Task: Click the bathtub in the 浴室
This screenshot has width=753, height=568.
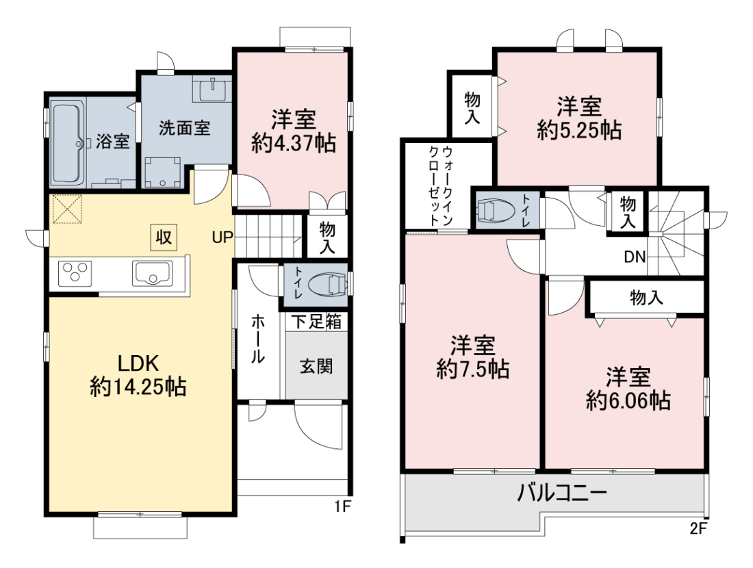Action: [x=66, y=142]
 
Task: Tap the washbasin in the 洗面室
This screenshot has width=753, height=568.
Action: [x=212, y=88]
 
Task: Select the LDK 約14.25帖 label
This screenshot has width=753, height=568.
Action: [x=138, y=375]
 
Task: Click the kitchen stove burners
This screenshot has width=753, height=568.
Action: [x=75, y=274]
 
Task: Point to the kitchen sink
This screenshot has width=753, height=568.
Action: [x=153, y=274]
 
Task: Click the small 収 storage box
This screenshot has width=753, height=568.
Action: [x=164, y=237]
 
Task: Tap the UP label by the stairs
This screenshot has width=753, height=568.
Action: [x=222, y=237]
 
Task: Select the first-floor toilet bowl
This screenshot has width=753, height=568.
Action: [x=326, y=285]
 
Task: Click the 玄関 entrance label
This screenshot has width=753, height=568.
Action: [x=316, y=367]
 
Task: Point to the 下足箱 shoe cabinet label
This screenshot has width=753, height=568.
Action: [x=316, y=322]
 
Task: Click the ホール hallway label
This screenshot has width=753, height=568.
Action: [x=258, y=339]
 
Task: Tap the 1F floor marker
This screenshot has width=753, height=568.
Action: [x=343, y=506]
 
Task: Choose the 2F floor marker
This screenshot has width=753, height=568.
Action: [x=699, y=528]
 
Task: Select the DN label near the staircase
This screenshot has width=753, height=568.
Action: [x=635, y=257]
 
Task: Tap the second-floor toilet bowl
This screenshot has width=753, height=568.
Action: [x=493, y=210]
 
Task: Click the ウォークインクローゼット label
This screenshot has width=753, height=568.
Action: [x=440, y=186]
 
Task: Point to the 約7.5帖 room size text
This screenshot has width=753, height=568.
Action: [x=472, y=370]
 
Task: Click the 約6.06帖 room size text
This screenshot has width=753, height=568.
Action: [x=628, y=400]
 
